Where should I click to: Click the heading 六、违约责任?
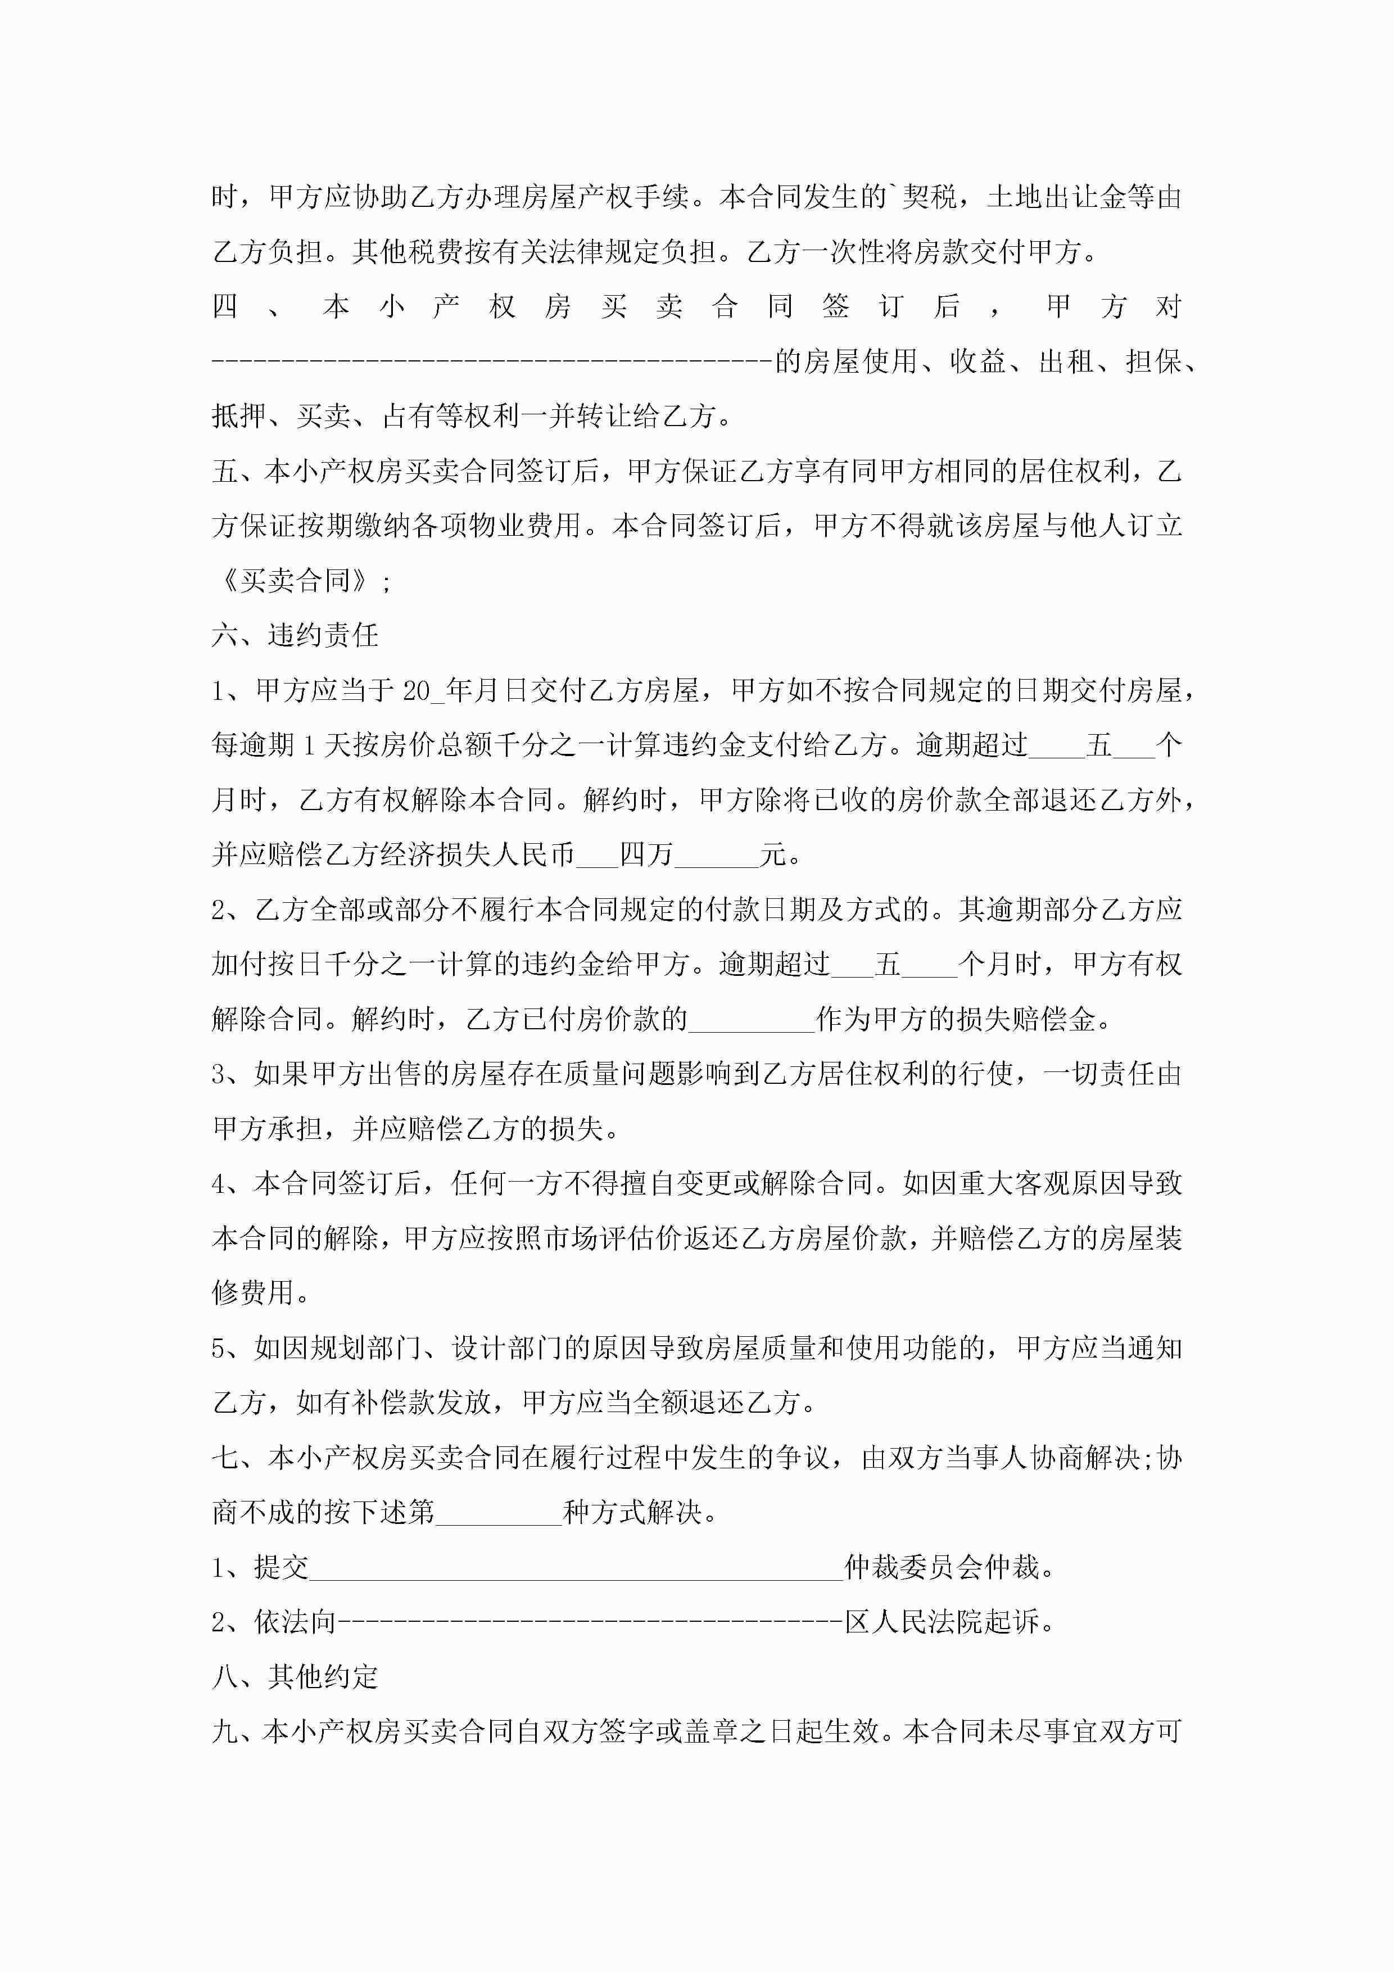(295, 636)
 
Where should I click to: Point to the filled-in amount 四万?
(646, 854)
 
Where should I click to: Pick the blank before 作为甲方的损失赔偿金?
(752, 1020)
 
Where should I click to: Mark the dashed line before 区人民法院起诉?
(591, 1622)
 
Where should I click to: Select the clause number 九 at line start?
(225, 1731)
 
